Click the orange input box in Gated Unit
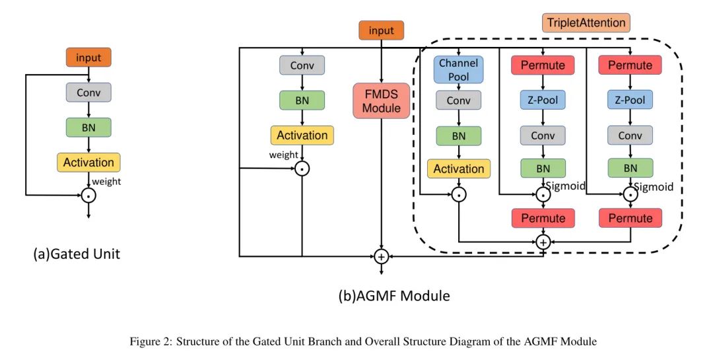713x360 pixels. pos(88,57)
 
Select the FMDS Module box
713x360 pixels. pos(381,100)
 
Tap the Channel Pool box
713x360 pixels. pos(458,70)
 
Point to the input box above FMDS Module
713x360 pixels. pos(381,30)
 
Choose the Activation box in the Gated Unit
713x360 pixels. pos(88,162)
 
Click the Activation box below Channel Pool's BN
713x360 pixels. pos(458,169)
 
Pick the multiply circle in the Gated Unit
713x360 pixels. pos(88,195)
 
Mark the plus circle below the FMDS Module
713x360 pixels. pos(381,256)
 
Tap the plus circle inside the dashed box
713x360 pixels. pos(543,242)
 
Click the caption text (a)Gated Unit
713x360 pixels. pos(77,254)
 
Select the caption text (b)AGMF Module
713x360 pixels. pos(394,296)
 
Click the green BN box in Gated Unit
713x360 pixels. pos(88,127)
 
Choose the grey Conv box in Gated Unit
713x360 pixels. pos(88,92)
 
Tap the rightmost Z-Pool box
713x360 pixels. pos(630,100)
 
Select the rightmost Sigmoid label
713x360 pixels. pos(654,187)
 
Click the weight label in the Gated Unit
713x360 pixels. pos(106,182)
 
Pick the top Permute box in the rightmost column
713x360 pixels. pos(630,65)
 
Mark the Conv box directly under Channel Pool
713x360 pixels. pos(458,100)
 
